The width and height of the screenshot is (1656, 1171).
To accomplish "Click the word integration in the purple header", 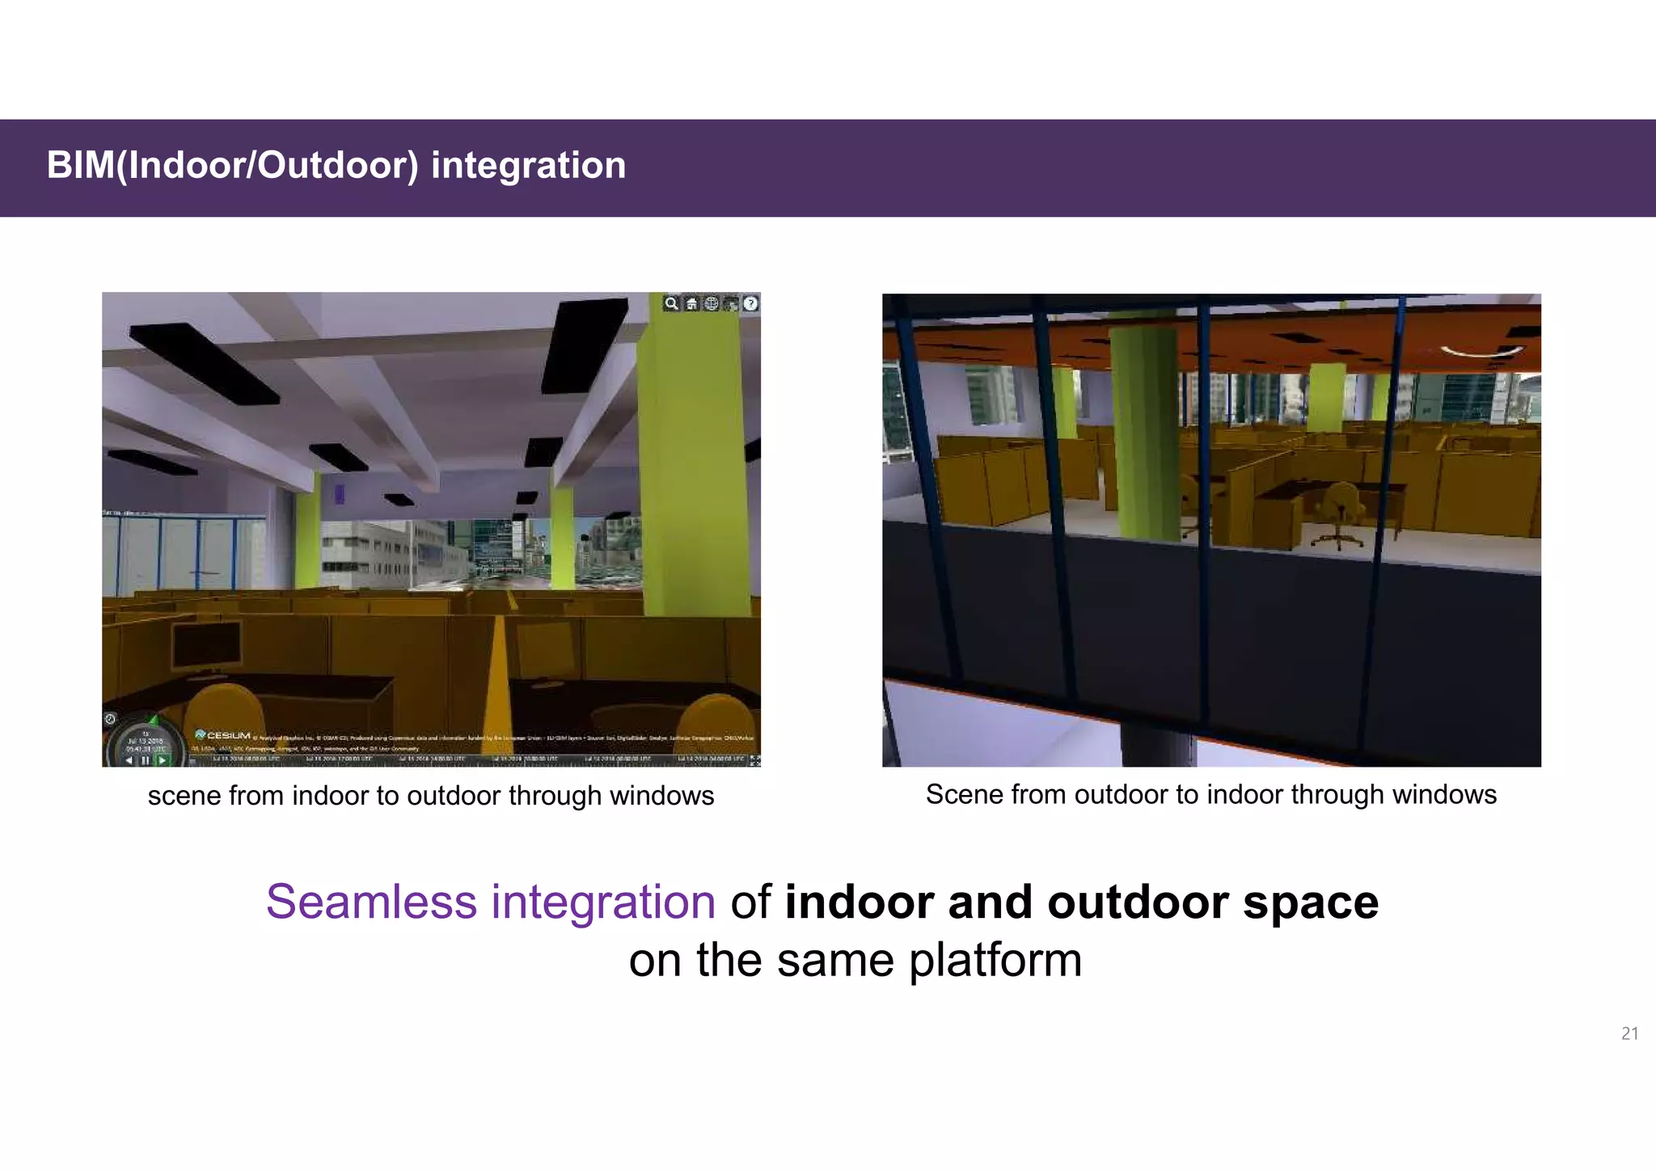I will coord(528,166).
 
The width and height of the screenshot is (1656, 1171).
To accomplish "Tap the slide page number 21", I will coord(1629,1034).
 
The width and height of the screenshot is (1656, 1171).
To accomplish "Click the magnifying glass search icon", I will coord(671,304).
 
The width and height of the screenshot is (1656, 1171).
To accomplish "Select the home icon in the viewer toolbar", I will coord(691,304).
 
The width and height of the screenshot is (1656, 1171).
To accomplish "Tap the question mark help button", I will coord(750,304).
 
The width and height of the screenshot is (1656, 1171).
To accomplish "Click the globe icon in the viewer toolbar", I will coord(711,304).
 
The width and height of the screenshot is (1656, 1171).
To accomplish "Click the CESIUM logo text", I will coord(228,735).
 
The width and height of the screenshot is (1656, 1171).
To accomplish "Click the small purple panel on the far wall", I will coord(340,493).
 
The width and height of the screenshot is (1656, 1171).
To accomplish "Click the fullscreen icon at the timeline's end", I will coord(754,760).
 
